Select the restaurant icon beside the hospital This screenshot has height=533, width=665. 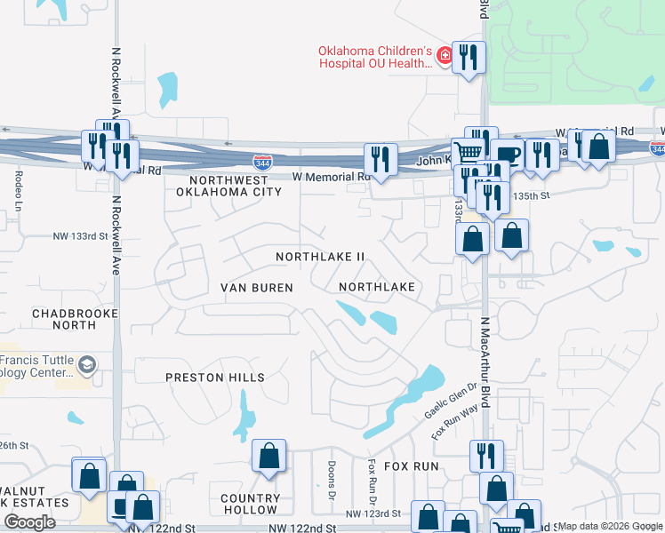[468, 59]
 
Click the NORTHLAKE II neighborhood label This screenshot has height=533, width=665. [320, 257]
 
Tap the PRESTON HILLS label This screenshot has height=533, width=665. [215, 378]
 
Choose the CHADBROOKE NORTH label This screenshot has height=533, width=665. [63, 319]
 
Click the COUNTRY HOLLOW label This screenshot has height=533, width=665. [250, 504]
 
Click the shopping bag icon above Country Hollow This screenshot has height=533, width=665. [268, 456]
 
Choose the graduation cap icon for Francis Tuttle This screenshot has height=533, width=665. [87, 365]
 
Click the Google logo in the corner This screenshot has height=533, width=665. [29, 522]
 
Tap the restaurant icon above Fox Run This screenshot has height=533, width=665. [485, 456]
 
